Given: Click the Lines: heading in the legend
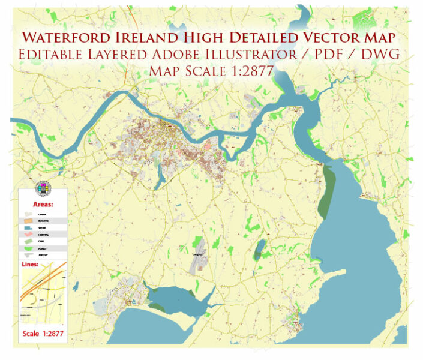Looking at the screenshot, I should tap(31, 264).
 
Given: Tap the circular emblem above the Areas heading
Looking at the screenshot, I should tap(43, 188).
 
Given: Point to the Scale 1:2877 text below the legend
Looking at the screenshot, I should tap(43, 332).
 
